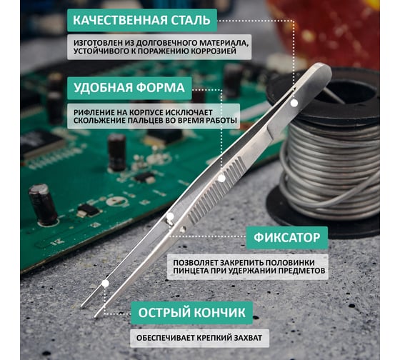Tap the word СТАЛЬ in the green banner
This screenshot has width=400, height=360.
click(x=191, y=20)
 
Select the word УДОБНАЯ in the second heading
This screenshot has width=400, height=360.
click(x=103, y=88)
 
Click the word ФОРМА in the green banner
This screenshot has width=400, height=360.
click(x=160, y=88)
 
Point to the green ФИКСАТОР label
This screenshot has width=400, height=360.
click(x=286, y=238)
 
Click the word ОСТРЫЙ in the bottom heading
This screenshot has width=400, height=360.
click(x=164, y=313)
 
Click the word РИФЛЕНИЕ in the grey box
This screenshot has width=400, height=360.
click(x=92, y=113)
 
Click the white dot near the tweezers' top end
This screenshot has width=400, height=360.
click(x=294, y=103)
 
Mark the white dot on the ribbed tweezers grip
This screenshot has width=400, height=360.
click(x=221, y=178)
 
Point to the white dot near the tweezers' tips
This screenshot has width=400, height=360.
click(x=106, y=283)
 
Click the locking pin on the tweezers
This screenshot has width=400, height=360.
click(x=170, y=219)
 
